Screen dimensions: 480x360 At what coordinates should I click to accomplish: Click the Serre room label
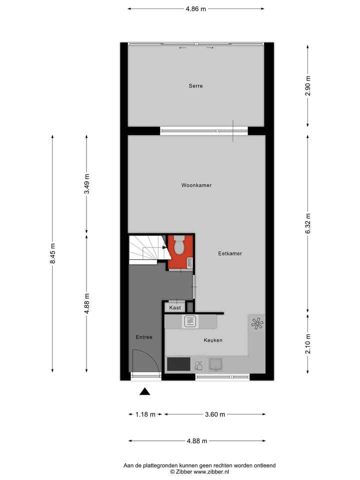pos(195,86)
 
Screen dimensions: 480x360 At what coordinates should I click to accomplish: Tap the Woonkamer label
pos(196,185)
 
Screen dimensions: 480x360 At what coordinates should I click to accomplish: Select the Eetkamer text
pos(230,253)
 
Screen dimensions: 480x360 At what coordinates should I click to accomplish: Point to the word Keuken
pos(212,340)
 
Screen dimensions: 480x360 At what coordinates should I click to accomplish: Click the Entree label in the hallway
pos(144,337)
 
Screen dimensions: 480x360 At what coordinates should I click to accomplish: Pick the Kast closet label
pos(175,307)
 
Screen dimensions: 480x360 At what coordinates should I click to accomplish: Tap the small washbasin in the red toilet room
pos(189,262)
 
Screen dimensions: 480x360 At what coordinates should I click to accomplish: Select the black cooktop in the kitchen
pos(178,363)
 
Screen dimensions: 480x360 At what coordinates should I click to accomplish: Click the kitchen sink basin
pos(216,364)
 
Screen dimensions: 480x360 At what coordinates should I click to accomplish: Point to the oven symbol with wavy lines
pos(190,321)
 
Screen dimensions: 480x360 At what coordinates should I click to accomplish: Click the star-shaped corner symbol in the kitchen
pos(257,324)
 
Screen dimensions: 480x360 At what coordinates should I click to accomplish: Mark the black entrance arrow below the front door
pos(144,391)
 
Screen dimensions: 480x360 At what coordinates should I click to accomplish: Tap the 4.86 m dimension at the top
pos(196,8)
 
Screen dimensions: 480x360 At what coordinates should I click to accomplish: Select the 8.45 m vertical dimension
pos(52,253)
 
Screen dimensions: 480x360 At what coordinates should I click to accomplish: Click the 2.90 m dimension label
pos(307,85)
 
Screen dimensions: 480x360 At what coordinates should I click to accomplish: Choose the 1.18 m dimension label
pos(145,414)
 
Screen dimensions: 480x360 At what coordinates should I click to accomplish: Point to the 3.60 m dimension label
pos(215,414)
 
